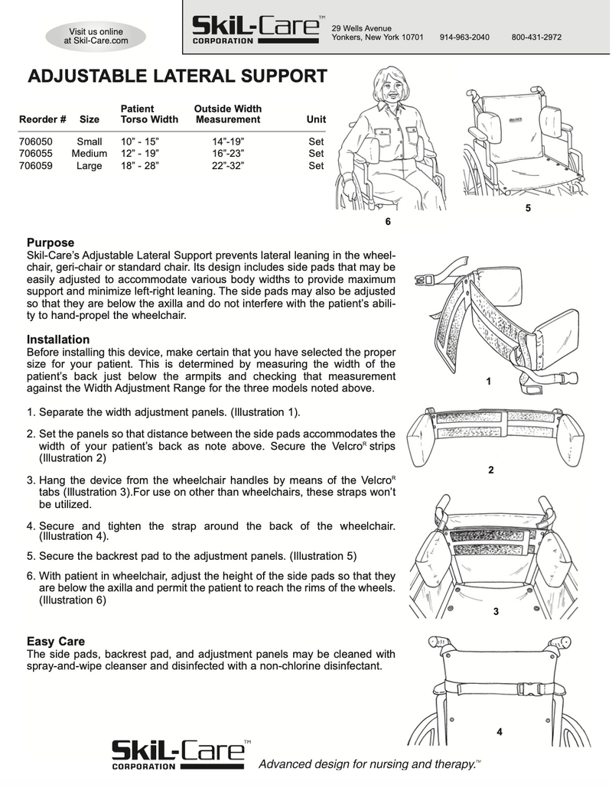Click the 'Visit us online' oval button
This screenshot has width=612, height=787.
pyautogui.click(x=96, y=36)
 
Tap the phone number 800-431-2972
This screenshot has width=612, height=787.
pyautogui.click(x=537, y=37)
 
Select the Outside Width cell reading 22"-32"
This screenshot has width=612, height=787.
pyautogui.click(x=228, y=165)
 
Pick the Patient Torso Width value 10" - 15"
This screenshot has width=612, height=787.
pyautogui.click(x=141, y=141)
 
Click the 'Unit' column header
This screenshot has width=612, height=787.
pyautogui.click(x=316, y=119)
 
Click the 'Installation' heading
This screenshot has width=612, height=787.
pyautogui.click(x=58, y=339)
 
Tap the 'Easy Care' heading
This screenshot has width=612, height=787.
pyautogui.click(x=56, y=641)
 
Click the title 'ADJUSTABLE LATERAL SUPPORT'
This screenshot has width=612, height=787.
pyautogui.click(x=177, y=76)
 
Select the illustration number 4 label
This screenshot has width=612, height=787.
pyautogui.click(x=499, y=732)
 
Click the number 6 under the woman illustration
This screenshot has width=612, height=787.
pyautogui.click(x=388, y=222)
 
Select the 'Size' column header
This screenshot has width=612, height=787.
pyautogui.click(x=90, y=119)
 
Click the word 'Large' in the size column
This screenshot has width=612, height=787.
pyautogui.click(x=90, y=165)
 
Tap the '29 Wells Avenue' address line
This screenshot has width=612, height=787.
pyautogui.click(x=361, y=28)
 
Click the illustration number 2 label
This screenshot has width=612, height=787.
pyautogui.click(x=490, y=470)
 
